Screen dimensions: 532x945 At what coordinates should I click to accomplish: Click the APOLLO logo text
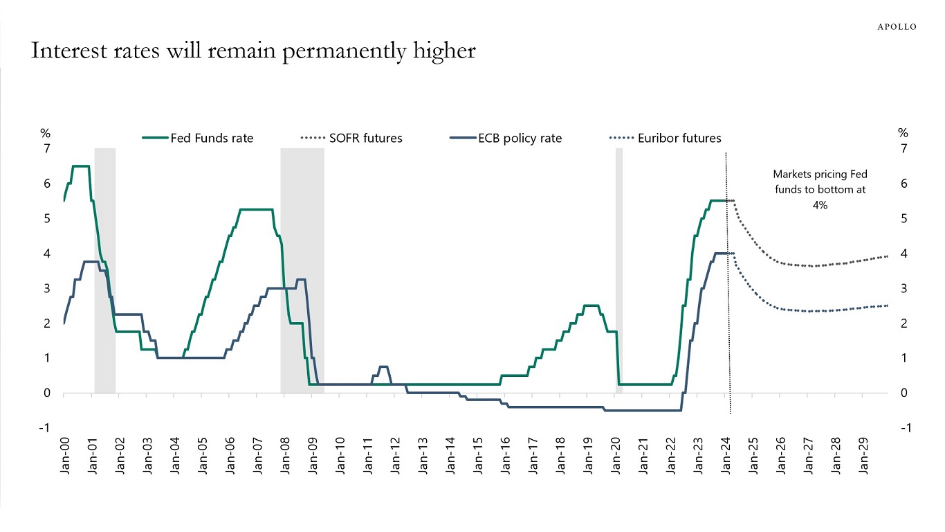pos(897,26)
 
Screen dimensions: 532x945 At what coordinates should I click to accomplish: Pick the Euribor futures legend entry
pos(665,138)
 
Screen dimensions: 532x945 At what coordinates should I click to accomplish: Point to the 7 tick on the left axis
pos(47,149)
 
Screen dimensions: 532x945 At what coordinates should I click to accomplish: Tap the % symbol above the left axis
pos(46,133)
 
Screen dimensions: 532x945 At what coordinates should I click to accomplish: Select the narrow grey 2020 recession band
pos(619,270)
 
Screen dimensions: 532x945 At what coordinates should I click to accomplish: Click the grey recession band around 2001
pos(105,270)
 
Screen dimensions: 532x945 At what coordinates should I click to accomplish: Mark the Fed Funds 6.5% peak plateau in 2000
pos(80,166)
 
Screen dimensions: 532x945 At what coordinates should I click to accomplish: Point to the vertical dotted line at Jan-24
pos(726,312)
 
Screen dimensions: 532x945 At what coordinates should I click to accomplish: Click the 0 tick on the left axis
pos(47,393)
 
